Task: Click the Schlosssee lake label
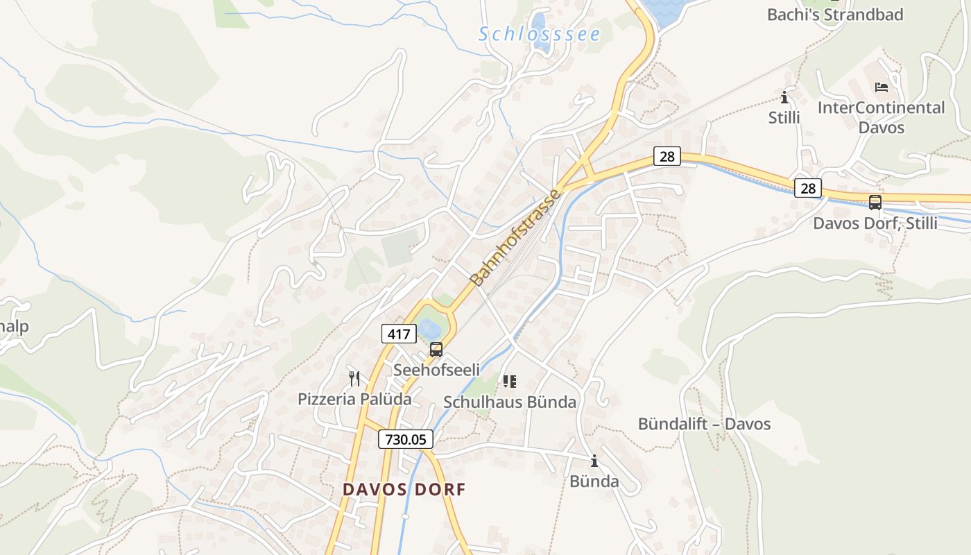coord(539,34)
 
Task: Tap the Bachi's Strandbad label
coord(835,15)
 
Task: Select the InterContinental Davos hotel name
coord(881,117)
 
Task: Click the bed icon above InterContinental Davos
coord(882,87)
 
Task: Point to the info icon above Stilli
coord(784,97)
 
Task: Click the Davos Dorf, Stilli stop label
coord(875,223)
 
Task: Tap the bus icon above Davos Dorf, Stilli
coord(875,203)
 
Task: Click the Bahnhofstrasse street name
coord(515,237)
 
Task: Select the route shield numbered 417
coord(399,334)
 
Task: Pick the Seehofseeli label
coord(436,370)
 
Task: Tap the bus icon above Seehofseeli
coord(436,350)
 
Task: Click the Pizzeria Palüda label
coord(354,399)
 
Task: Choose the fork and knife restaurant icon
coord(354,378)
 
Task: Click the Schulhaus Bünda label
coord(510,402)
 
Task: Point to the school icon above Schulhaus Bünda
coord(510,381)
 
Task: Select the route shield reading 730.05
coord(406,439)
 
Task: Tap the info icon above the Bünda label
coord(594,461)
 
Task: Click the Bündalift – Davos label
coord(704,424)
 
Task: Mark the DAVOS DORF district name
coord(404,489)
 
